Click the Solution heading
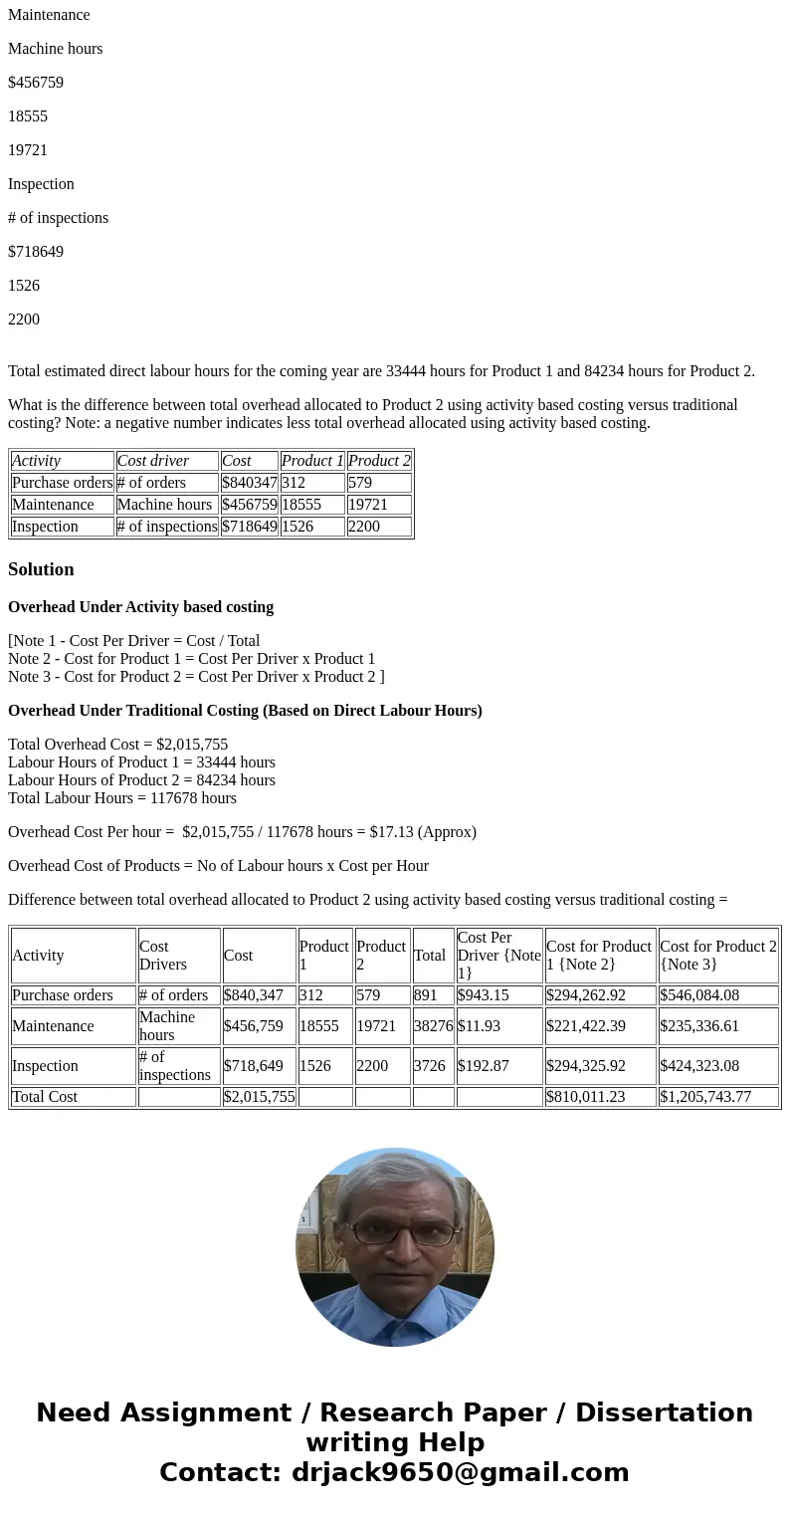pos(41,569)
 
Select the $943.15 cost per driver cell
pos(484,995)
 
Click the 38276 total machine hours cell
pos(433,1026)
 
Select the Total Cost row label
pos(45,1097)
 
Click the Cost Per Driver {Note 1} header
pos(498,956)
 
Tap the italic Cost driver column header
pos(153,461)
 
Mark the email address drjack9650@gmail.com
pos(460,1473)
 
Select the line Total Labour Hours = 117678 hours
pos(122,798)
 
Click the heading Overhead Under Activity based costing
pos(140,607)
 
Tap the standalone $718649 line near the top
pos(36,252)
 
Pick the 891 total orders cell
pos(426,995)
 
